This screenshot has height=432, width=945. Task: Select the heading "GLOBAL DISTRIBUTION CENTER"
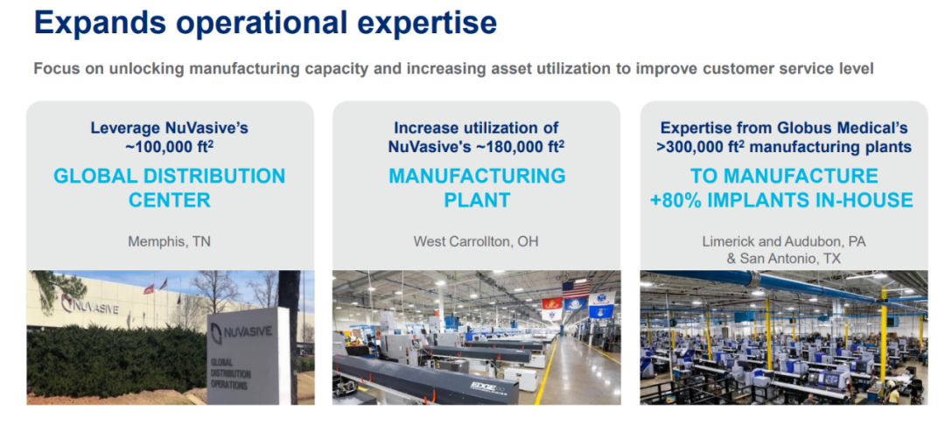pyautogui.click(x=170, y=188)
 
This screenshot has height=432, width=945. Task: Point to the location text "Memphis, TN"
pyautogui.click(x=170, y=242)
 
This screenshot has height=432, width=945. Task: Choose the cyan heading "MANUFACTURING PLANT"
pyautogui.click(x=477, y=188)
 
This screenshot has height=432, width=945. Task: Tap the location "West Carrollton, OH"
pyautogui.click(x=476, y=242)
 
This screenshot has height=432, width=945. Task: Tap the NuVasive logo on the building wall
pyautogui.click(x=90, y=305)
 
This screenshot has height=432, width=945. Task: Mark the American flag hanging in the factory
pyautogui.click(x=576, y=289)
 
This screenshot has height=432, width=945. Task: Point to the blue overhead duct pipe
pyautogui.click(x=783, y=282)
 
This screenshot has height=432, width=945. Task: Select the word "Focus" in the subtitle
pyautogui.click(x=53, y=68)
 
